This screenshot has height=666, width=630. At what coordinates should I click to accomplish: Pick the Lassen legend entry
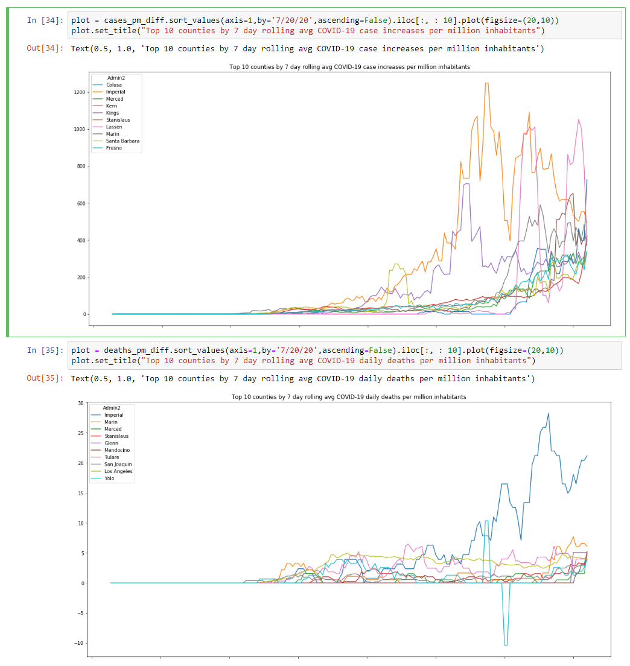point(113,127)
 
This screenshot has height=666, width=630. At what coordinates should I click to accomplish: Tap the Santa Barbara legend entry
point(122,141)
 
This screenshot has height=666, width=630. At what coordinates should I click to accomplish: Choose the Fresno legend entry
point(113,148)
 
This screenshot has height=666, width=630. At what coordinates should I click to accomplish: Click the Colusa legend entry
point(113,85)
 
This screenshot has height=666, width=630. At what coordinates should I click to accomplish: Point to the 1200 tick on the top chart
point(78,92)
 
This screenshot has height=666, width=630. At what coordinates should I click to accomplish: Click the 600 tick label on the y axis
point(80,203)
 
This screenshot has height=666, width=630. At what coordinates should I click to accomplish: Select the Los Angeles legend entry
point(118,471)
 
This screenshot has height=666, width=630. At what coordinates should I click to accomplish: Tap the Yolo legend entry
point(110,478)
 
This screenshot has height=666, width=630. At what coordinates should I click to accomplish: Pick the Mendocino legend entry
point(116,450)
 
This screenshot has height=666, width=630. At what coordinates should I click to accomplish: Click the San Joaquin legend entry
point(118,465)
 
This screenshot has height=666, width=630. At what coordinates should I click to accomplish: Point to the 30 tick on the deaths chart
point(81,403)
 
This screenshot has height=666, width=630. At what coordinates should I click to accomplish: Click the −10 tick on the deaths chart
point(78,644)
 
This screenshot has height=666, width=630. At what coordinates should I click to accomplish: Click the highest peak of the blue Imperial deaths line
point(548,413)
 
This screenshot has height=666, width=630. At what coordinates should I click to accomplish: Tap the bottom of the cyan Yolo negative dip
point(506,645)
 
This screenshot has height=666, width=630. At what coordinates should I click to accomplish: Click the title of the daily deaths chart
point(348,397)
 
